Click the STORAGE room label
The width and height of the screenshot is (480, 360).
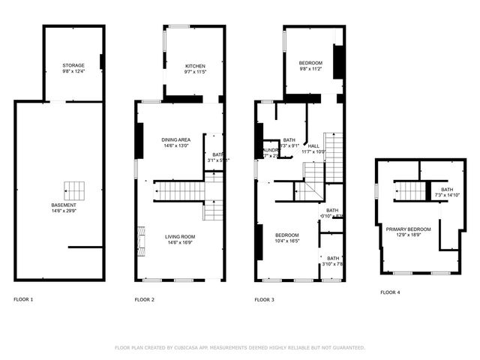coord(73,65)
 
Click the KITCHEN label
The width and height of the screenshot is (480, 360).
coord(195,67)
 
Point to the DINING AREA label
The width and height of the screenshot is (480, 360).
coord(176,140)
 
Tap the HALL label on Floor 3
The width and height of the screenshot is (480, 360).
coord(313,145)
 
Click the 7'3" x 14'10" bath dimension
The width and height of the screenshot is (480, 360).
coord(442,196)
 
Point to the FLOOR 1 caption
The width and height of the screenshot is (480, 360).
coord(24,299)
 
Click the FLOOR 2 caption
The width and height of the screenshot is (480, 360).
coord(145,299)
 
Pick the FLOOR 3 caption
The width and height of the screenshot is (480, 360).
coord(264,299)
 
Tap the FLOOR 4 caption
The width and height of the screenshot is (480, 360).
coord(390,292)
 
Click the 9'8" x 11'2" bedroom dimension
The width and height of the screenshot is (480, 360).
coord(310,68)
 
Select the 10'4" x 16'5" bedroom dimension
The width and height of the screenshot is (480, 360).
coord(287,241)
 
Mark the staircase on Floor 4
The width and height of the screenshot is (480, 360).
coord(410,191)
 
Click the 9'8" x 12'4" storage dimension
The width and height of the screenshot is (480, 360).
coord(73,71)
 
